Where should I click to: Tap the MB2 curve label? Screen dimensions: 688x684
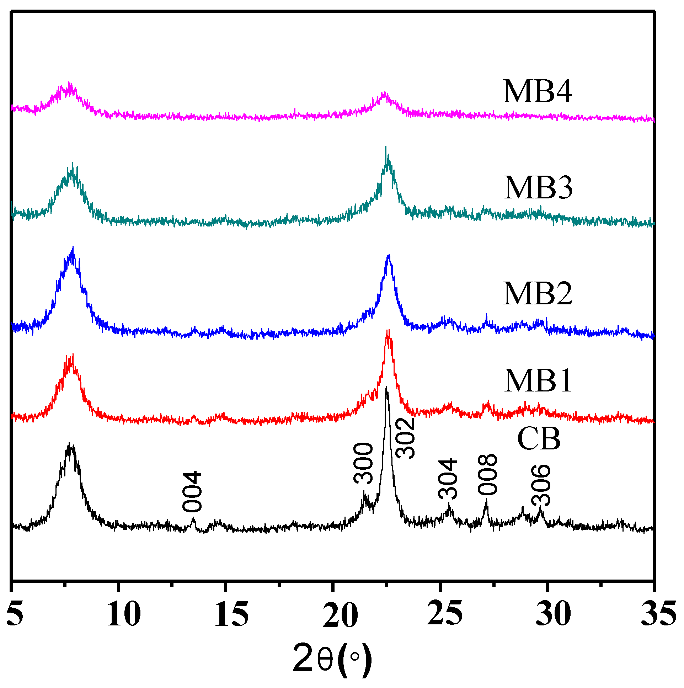pos(537,294)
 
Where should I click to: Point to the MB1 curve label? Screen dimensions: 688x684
pos(537,381)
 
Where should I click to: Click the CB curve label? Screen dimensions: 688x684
pos(538,439)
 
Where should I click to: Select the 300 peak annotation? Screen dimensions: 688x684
pos(363,464)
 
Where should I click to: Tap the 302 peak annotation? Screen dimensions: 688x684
pos(406,438)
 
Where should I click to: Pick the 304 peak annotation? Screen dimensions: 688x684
pos(448,479)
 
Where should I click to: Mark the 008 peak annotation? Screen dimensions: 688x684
pos(487,475)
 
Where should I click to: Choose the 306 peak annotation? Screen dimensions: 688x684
pos(541,485)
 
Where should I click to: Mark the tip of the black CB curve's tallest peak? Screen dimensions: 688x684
pos(386,386)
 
